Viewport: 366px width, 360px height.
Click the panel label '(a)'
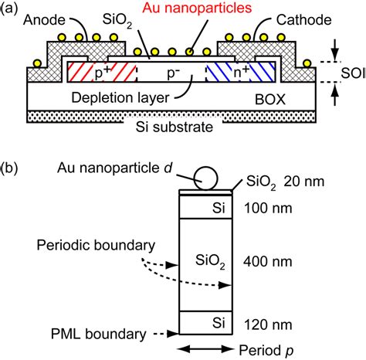pyautogui.click(x=12, y=9)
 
